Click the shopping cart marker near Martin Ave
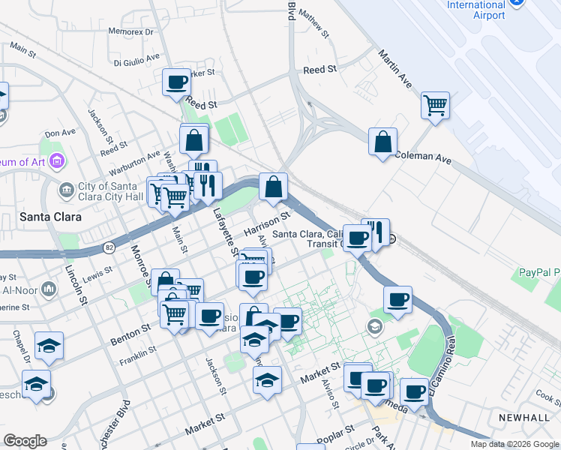coord(435,106)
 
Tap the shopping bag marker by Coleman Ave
coord(382,142)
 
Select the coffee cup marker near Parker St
coord(177,82)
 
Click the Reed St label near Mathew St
coord(319,70)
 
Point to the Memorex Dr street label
coord(130,32)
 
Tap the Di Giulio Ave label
coord(136,58)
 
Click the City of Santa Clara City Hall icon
coord(67,189)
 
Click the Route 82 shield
coord(110,247)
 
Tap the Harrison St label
coord(266,223)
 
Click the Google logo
coord(25,441)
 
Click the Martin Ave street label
coord(396,68)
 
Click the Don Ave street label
coord(60,133)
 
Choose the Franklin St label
coord(137,352)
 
